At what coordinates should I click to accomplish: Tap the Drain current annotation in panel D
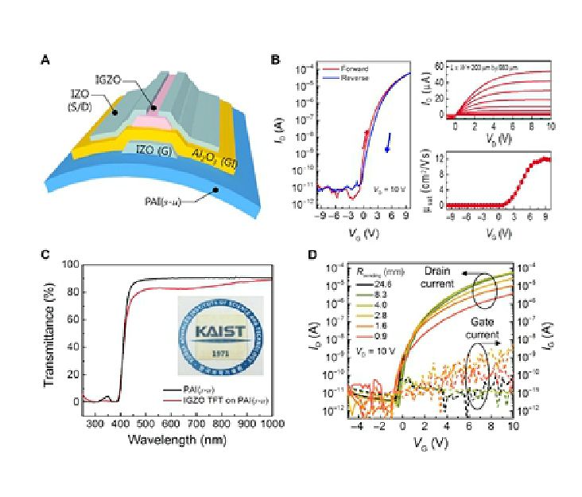[460, 277]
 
